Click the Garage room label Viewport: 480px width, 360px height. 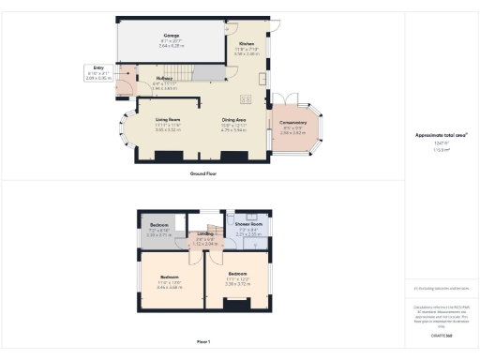pos(171,35)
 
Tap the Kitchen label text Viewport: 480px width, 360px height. pos(246,44)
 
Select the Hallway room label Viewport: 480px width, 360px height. pos(164,79)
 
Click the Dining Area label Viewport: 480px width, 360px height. pos(233,120)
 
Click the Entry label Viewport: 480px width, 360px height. pos(98,67)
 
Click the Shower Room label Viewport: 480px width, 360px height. pos(248,225)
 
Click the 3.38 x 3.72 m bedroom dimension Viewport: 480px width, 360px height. pos(236,282)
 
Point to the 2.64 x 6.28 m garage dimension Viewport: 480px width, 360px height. pos(171,45)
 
